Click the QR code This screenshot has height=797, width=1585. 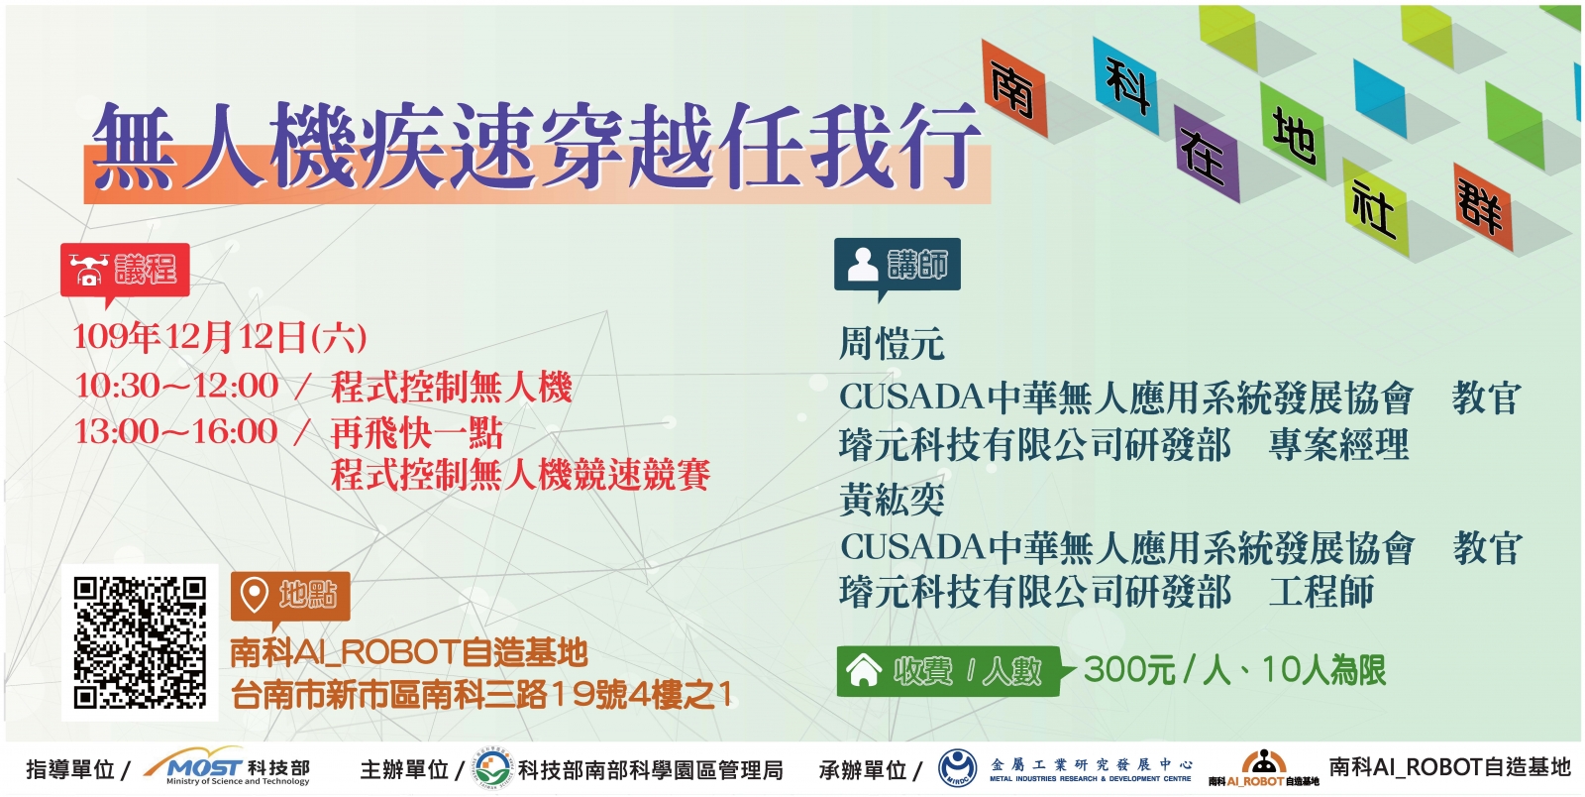click(140, 642)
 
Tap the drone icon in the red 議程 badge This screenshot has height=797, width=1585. click(88, 270)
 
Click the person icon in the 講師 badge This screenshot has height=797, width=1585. click(863, 264)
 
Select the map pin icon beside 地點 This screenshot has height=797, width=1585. click(254, 595)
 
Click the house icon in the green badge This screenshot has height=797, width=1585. click(863, 669)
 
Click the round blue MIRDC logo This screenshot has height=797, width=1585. click(957, 768)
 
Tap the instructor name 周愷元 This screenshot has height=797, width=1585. click(892, 344)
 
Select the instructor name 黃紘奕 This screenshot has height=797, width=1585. click(892, 499)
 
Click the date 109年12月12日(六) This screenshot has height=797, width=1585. click(220, 337)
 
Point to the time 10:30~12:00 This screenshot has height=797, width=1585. click(177, 387)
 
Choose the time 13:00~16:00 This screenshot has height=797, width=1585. click(177, 432)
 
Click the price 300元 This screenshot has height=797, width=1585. click(1129, 669)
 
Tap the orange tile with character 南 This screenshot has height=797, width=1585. click(1014, 88)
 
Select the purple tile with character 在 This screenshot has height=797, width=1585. click(1207, 155)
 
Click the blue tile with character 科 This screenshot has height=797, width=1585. click(1125, 85)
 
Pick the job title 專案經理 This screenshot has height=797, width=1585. click(1338, 444)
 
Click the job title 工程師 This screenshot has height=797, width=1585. click(1321, 592)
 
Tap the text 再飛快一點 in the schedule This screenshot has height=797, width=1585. click(417, 432)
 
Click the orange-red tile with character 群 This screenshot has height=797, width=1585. click(1482, 206)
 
